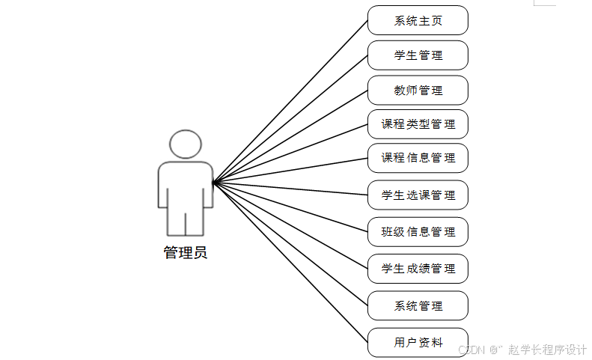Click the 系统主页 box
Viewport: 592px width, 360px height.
point(418,20)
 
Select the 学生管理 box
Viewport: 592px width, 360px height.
point(418,55)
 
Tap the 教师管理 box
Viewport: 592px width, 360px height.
point(418,90)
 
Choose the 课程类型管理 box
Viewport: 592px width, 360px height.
point(418,124)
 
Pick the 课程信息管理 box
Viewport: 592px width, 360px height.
point(418,158)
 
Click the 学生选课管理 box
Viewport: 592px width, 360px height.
point(418,195)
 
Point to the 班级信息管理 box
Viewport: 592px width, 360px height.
point(418,232)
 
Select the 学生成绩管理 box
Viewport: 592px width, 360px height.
point(418,269)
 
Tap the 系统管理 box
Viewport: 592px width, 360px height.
point(418,305)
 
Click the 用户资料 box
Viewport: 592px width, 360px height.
point(418,342)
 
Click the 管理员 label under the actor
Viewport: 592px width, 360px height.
point(186,253)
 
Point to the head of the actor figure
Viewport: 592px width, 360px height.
point(186,144)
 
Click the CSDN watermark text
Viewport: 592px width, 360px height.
point(472,350)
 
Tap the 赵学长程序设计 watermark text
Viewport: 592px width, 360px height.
point(547,350)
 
